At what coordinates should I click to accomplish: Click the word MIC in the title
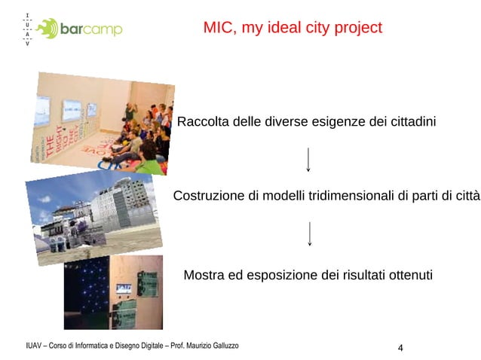click(x=218, y=29)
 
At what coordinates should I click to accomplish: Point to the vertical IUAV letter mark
click(x=27, y=29)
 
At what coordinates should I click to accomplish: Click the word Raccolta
click(x=203, y=122)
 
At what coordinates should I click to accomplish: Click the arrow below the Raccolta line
click(x=309, y=160)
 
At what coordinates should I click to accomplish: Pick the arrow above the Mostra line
click(x=310, y=233)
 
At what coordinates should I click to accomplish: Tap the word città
click(x=464, y=196)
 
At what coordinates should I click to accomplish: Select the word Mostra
click(x=204, y=275)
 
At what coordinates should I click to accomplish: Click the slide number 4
click(x=400, y=347)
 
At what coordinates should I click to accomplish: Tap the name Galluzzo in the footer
click(x=222, y=345)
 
